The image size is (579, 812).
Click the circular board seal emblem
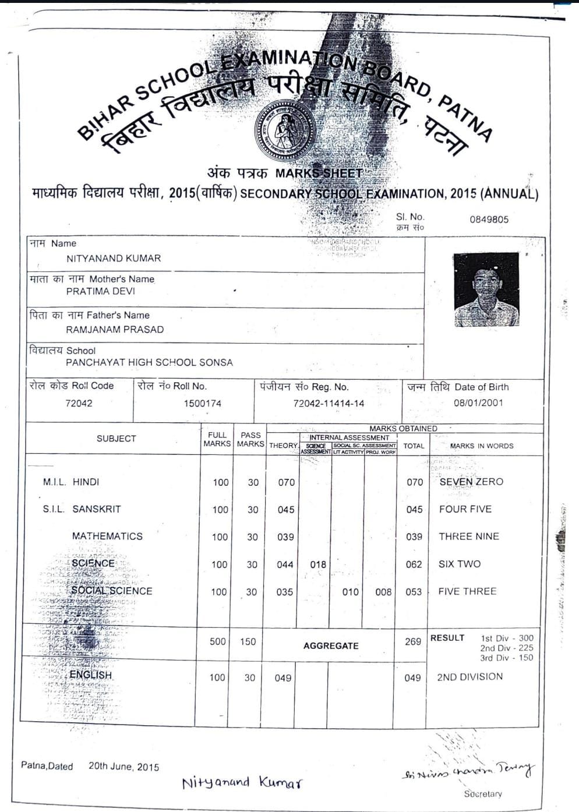pyautogui.click(x=285, y=130)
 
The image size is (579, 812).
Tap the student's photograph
pyautogui.click(x=486, y=289)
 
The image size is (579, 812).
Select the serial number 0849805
pyautogui.click(x=489, y=220)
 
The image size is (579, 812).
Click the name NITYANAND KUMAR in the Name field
pyautogui.click(x=114, y=258)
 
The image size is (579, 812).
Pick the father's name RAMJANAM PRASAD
pyautogui.click(x=115, y=329)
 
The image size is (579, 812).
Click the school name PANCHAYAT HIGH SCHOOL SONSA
pyautogui.click(x=149, y=362)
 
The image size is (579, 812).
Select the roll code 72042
pyautogui.click(x=79, y=403)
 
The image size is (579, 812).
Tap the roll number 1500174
pyautogui.click(x=202, y=403)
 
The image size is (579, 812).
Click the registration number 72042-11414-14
pyautogui.click(x=329, y=403)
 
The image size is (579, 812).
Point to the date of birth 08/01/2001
pyautogui.click(x=478, y=403)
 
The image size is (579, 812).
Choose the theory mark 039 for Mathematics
pyautogui.click(x=285, y=537)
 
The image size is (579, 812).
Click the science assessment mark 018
pyautogui.click(x=318, y=564)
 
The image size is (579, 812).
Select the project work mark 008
pyautogui.click(x=383, y=592)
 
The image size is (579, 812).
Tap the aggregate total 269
pyautogui.click(x=413, y=641)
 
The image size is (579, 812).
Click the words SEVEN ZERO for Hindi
pyautogui.click(x=471, y=482)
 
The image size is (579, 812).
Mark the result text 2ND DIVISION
pyautogui.click(x=469, y=677)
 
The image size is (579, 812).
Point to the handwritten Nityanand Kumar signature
pyautogui.click(x=242, y=782)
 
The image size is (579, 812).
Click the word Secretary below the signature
pyautogui.click(x=483, y=794)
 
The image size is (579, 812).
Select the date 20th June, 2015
pyautogui.click(x=123, y=767)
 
